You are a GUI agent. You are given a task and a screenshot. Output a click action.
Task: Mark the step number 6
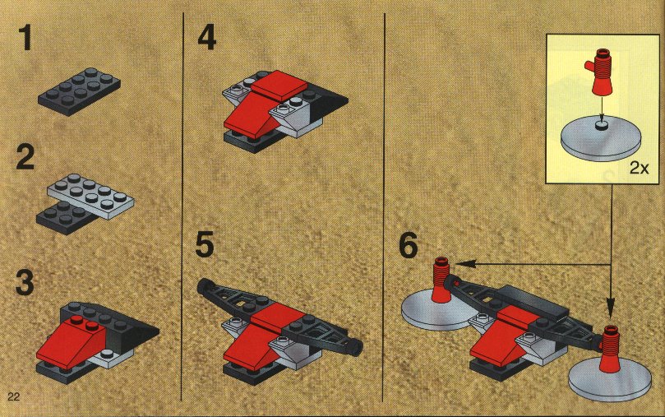(409, 245)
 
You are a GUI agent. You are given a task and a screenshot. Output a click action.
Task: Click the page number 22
(13, 396)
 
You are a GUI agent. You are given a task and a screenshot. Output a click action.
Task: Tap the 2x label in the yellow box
(640, 168)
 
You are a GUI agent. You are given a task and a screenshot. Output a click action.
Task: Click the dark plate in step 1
(79, 91)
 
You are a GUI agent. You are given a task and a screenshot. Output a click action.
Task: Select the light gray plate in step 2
(90, 196)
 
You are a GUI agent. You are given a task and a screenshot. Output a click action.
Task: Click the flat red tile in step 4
(279, 86)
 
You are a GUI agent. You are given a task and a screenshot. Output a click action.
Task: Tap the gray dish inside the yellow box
(600, 139)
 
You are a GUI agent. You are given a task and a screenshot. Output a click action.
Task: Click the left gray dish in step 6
(439, 311)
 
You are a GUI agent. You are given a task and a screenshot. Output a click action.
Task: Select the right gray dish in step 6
(610, 379)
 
